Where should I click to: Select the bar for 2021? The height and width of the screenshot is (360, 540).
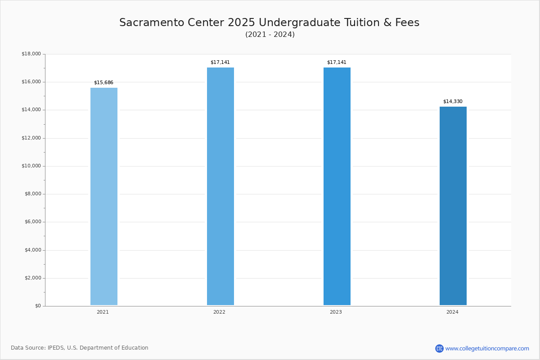(x=104, y=196)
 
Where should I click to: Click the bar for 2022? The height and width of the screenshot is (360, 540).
(x=220, y=186)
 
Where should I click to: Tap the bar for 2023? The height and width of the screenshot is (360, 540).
(x=337, y=186)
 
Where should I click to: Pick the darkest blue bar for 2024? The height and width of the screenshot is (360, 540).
(x=453, y=206)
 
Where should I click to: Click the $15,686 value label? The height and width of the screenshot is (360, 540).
(x=103, y=82)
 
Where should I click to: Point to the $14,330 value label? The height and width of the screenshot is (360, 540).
(x=453, y=101)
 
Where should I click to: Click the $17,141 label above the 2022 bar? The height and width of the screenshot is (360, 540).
(x=220, y=62)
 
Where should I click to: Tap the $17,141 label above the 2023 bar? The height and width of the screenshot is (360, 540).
(x=337, y=62)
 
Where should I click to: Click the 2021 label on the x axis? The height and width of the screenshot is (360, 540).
(x=103, y=312)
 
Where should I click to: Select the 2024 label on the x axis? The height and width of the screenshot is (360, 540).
(x=452, y=312)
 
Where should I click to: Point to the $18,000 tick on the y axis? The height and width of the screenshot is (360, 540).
(x=31, y=54)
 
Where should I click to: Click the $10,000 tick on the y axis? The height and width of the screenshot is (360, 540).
(x=31, y=166)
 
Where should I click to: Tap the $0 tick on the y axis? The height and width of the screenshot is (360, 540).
(x=38, y=306)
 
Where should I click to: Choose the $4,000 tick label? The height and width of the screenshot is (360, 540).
(x=33, y=250)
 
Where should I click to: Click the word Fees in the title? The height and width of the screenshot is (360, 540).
(x=407, y=22)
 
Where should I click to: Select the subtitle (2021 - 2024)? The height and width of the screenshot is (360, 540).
(x=270, y=35)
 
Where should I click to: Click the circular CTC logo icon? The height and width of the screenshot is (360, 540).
(x=439, y=348)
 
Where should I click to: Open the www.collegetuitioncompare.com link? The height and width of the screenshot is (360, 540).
(x=487, y=348)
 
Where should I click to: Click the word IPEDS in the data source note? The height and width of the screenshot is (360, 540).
(x=56, y=348)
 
